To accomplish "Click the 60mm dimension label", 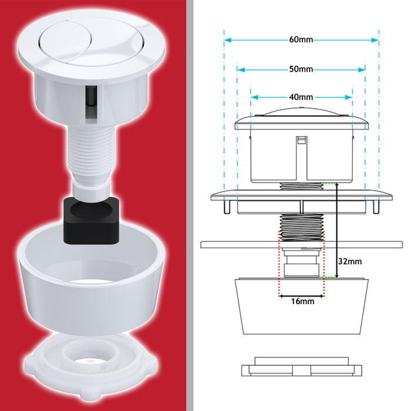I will [301, 40].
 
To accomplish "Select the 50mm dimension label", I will [301, 69].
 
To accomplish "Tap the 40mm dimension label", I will [301, 97].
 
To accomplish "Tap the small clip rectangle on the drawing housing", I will [301, 141].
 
